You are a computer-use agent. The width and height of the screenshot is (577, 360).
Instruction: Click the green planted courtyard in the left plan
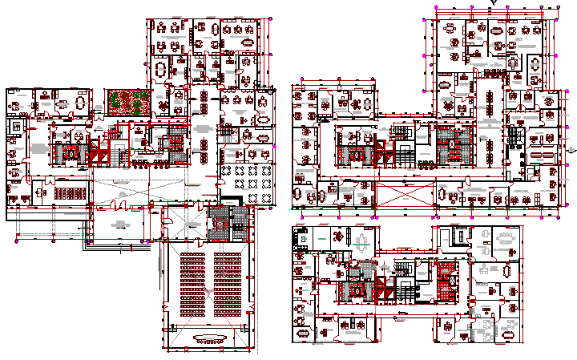point(128,101)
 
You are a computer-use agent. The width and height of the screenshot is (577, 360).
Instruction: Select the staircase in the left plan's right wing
point(228,133)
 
